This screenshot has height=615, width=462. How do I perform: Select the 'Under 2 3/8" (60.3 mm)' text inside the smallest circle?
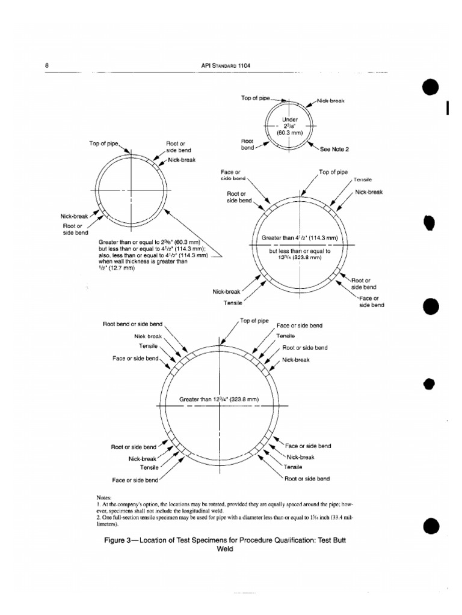pos(290,126)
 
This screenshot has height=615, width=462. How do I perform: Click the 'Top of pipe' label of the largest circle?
pos(254,320)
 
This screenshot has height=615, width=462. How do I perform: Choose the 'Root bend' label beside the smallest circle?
pos(248,145)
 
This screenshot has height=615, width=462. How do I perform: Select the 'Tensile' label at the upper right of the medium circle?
pos(363,179)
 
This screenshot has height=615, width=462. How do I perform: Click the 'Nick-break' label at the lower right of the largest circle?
pos(301,457)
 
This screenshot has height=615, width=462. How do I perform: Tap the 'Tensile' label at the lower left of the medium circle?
pos(233,303)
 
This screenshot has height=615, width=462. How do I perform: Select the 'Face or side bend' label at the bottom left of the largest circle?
pos(135,480)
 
